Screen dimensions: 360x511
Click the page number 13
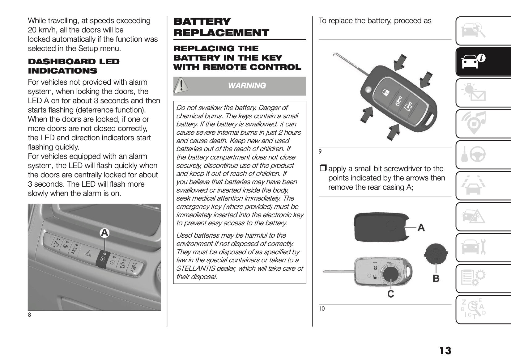tap(445, 351)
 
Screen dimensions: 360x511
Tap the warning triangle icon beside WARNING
tap(181, 85)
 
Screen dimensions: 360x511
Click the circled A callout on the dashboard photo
tap(105, 233)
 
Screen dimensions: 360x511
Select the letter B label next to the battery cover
tap(436, 278)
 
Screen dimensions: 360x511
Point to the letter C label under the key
tap(391, 294)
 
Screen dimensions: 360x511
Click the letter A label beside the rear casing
tap(421, 228)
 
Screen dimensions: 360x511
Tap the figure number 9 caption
tap(320, 151)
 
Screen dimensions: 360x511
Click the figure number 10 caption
tap(322, 308)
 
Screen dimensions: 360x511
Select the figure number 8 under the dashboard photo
tap(29, 315)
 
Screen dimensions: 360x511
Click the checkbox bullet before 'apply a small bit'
tap(323, 169)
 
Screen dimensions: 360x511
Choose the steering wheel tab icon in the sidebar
tap(473, 154)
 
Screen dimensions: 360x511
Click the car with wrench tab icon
tap(473, 247)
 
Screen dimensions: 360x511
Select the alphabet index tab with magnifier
tap(473, 309)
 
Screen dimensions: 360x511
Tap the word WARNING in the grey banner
tap(247, 86)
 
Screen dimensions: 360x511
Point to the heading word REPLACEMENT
tap(221, 33)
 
